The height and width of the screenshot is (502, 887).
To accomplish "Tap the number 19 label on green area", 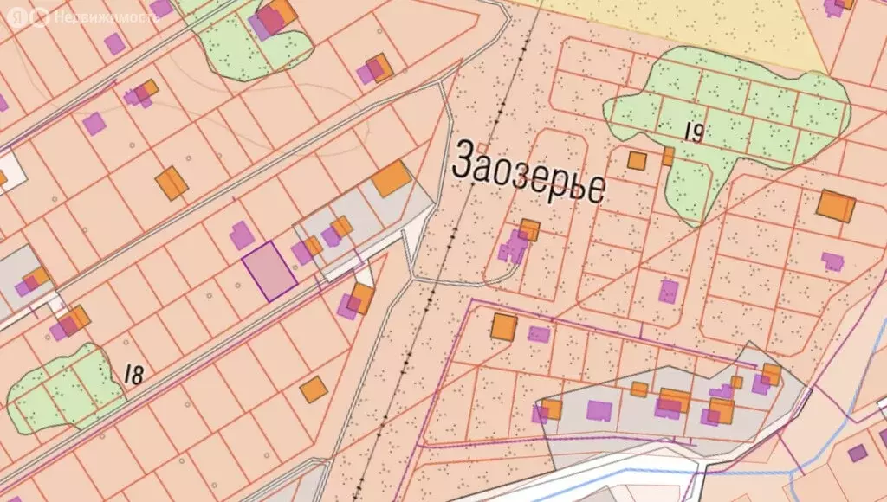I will coord(692,132).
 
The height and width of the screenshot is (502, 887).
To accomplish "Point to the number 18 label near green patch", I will coord(133,374).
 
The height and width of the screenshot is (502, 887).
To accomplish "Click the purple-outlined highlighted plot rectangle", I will coord(269,272).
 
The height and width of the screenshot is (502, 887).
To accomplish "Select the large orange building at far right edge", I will coord(836,206).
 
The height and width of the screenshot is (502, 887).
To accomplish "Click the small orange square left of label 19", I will coord(637,160).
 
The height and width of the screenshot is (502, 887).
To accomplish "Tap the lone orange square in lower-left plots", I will coord(314,389).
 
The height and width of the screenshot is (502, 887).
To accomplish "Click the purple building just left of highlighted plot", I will coord(242,235).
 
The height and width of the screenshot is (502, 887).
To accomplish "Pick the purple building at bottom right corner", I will coord(857,453).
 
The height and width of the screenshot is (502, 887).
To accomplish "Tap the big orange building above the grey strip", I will coord(391,178).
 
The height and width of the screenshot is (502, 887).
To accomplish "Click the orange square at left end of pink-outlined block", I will coord(503,326).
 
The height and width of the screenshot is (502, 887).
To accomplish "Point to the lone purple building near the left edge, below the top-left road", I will coord(94,123).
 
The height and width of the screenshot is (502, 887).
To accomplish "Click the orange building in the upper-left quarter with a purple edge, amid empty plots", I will coord(172,183).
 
